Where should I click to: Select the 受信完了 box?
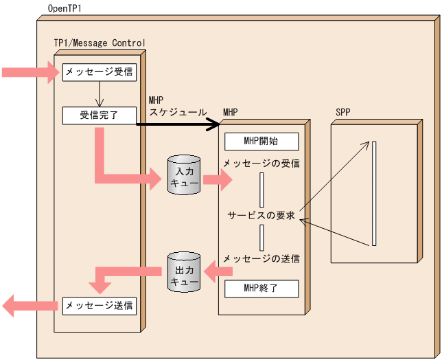pyautogui.click(x=98, y=115)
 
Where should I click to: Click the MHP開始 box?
pyautogui.click(x=261, y=142)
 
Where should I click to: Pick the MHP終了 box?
pyautogui.click(x=261, y=288)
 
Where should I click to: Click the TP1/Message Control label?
pyautogui.click(x=100, y=43)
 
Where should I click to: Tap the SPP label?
pyautogui.click(x=343, y=112)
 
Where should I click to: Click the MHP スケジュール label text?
pyautogui.click(x=176, y=106)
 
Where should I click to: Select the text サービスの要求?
pyautogui.click(x=261, y=216)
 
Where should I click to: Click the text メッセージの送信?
pyautogui.click(x=261, y=259)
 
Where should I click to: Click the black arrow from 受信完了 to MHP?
pyautogui.click(x=178, y=124)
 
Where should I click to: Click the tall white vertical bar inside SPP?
pyautogui.click(x=374, y=193)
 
